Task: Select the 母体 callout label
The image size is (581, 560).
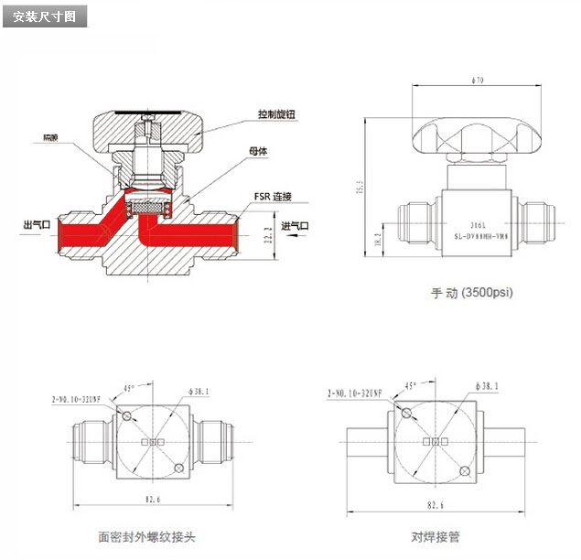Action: pos(256,152)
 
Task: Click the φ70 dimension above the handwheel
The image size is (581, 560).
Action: pos(477,81)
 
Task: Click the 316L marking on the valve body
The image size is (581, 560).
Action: pos(477,221)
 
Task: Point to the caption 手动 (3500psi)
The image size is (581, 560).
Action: pos(472,294)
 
